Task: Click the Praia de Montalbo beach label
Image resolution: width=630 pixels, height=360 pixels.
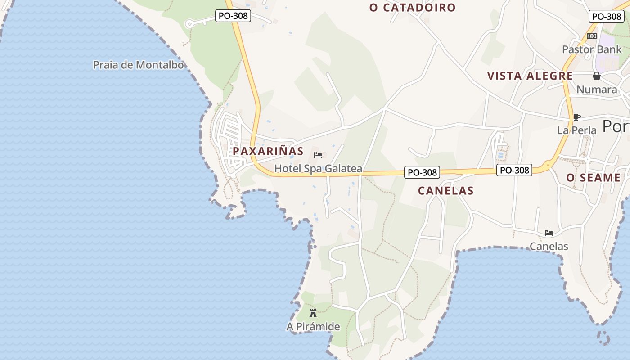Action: point(138,65)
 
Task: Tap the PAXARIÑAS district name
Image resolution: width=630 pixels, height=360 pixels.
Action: point(268,151)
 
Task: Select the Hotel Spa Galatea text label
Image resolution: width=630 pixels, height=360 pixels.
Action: point(318,169)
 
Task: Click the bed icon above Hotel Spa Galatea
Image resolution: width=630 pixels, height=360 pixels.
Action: point(318,156)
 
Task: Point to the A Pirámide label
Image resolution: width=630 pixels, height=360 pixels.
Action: point(313,327)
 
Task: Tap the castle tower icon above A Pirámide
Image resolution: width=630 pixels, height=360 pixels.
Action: point(313,313)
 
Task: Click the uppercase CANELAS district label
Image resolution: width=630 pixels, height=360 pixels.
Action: point(445,191)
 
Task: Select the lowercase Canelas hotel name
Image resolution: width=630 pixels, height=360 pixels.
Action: point(549,247)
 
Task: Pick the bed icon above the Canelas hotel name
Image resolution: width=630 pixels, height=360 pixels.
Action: point(549,233)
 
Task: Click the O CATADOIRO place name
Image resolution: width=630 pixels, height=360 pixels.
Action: point(412,8)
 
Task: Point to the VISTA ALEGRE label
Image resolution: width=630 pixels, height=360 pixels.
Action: point(530,76)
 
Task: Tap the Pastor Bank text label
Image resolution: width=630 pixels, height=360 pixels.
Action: point(592,49)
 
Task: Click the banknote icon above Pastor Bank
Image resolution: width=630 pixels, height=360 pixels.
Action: point(592,36)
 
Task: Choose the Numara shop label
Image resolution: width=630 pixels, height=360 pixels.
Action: point(597,90)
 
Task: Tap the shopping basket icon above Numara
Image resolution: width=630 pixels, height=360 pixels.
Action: point(597,76)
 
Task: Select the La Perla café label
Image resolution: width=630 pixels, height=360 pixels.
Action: point(576,130)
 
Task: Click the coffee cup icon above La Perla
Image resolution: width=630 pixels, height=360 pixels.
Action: point(576,117)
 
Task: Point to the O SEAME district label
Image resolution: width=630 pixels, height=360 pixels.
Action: point(593,178)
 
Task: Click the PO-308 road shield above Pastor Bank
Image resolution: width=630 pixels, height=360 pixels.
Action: point(606,17)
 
